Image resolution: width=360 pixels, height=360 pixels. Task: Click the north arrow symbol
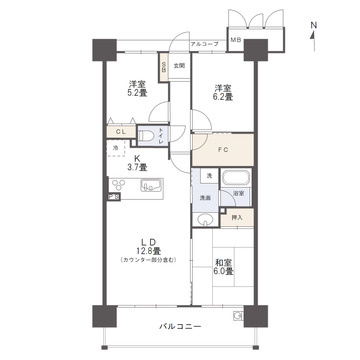pos(313,34)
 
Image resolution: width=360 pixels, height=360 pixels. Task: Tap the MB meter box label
pos(236,41)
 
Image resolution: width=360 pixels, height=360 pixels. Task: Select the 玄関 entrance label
pos(179,66)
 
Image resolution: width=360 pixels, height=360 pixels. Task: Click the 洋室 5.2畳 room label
pos(138,89)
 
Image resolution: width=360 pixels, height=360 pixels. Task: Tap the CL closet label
pos(119,131)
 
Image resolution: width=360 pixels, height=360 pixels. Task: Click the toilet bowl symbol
pos(146,136)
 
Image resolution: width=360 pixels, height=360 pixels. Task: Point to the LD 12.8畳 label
pos(146,247)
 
